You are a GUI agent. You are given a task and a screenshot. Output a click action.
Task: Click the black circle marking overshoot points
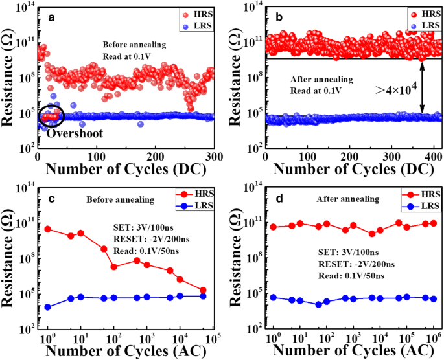click(51, 116)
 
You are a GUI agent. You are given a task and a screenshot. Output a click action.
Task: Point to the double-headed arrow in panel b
click(422, 88)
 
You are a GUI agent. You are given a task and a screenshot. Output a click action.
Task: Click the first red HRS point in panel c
click(47, 229)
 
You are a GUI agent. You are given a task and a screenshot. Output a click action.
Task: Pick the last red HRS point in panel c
click(204, 290)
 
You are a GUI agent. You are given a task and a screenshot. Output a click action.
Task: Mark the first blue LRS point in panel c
click(47, 307)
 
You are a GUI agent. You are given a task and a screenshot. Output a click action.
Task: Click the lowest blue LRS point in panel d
click(318, 304)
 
